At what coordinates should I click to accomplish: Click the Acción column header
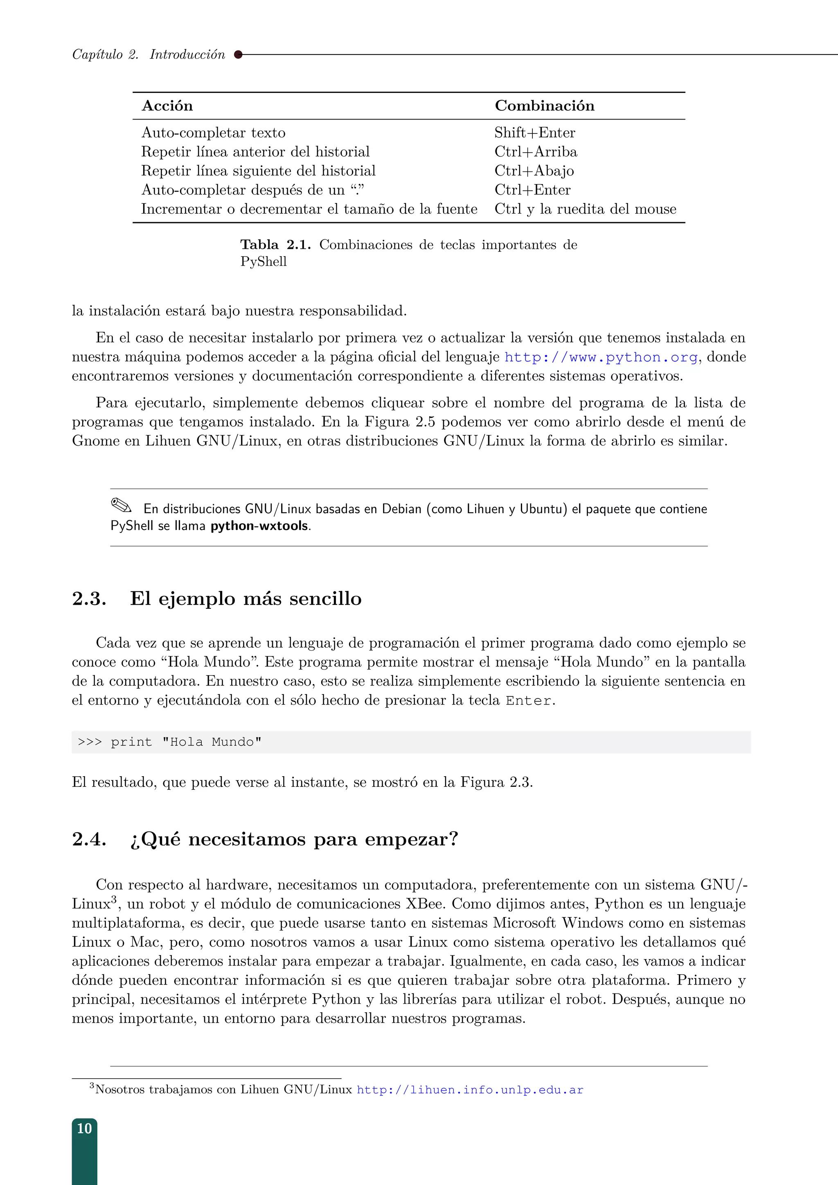pos(167,106)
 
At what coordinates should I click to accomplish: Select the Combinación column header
pos(544,106)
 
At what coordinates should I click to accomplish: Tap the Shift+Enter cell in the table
pos(534,133)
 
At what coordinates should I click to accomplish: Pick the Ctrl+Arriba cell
pos(535,152)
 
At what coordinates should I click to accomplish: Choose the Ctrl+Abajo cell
pos(534,171)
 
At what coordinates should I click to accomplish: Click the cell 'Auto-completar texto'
pos(213,133)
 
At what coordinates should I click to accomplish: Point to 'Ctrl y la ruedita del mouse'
pos(585,209)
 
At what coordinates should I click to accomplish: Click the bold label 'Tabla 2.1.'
pos(275,245)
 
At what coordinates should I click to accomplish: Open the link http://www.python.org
pos(601,357)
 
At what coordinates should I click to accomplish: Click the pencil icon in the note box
pos(121,505)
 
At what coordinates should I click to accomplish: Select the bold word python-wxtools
pos(259,526)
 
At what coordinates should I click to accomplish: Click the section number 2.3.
pos(89,599)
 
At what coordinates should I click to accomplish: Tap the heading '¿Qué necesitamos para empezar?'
pos(294,839)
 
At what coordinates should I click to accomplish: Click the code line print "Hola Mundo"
pos(186,742)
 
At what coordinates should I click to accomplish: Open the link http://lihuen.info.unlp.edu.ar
pos(470,1090)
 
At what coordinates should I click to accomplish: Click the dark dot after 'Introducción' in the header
pos(238,54)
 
